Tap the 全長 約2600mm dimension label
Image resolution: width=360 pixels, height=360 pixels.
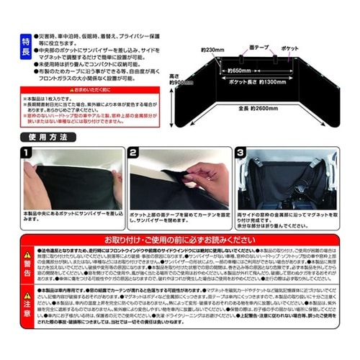(260, 108)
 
